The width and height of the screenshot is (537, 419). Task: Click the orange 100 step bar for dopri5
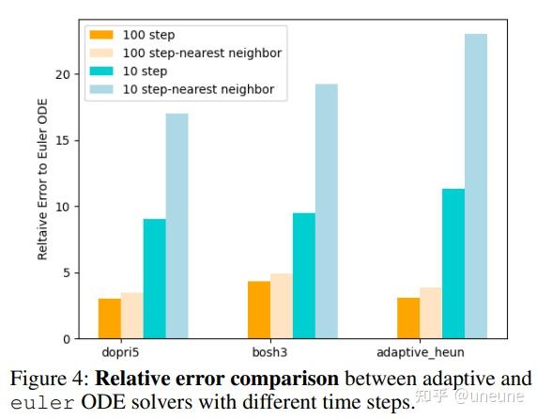click(109, 318)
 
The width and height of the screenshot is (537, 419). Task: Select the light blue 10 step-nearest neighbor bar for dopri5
click(176, 225)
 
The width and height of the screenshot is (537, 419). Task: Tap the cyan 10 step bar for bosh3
click(304, 275)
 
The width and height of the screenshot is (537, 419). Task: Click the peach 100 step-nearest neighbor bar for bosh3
click(282, 306)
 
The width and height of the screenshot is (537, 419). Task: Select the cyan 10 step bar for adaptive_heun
click(453, 263)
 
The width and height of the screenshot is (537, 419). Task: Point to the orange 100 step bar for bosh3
click(259, 310)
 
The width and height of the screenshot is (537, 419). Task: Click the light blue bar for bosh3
click(327, 211)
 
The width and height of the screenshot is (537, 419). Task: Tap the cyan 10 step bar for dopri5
click(154, 278)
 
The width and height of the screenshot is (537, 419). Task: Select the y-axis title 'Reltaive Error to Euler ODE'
click(42, 194)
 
